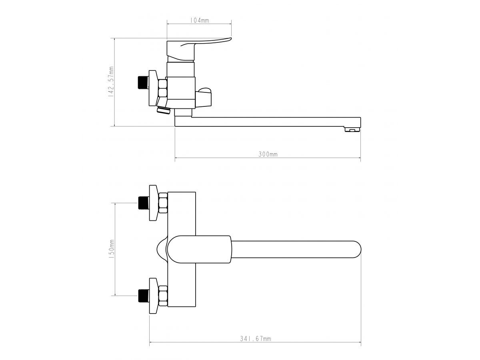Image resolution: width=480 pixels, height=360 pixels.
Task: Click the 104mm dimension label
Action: coord(199,20)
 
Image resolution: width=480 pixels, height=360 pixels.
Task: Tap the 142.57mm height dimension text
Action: coord(111,82)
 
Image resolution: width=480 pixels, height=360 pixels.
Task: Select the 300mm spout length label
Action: coord(268,154)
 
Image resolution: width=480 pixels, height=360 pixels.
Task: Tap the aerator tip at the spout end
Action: coord(352,129)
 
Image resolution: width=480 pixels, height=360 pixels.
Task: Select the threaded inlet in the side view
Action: coord(143,82)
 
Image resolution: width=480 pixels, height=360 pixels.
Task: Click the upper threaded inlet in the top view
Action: coord(144,203)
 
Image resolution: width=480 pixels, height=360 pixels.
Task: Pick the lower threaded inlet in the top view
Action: coord(144,296)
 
